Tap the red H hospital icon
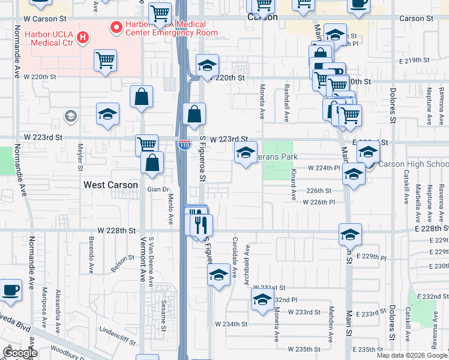[x=83, y=37]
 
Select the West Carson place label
[x=110, y=185]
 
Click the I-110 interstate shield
[x=184, y=145]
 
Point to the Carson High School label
[x=412, y=164]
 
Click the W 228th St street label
[x=117, y=231]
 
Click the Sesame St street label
[x=163, y=318]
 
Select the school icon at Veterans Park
[x=246, y=154]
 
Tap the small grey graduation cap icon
[x=71, y=116]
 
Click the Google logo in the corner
[x=20, y=353]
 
